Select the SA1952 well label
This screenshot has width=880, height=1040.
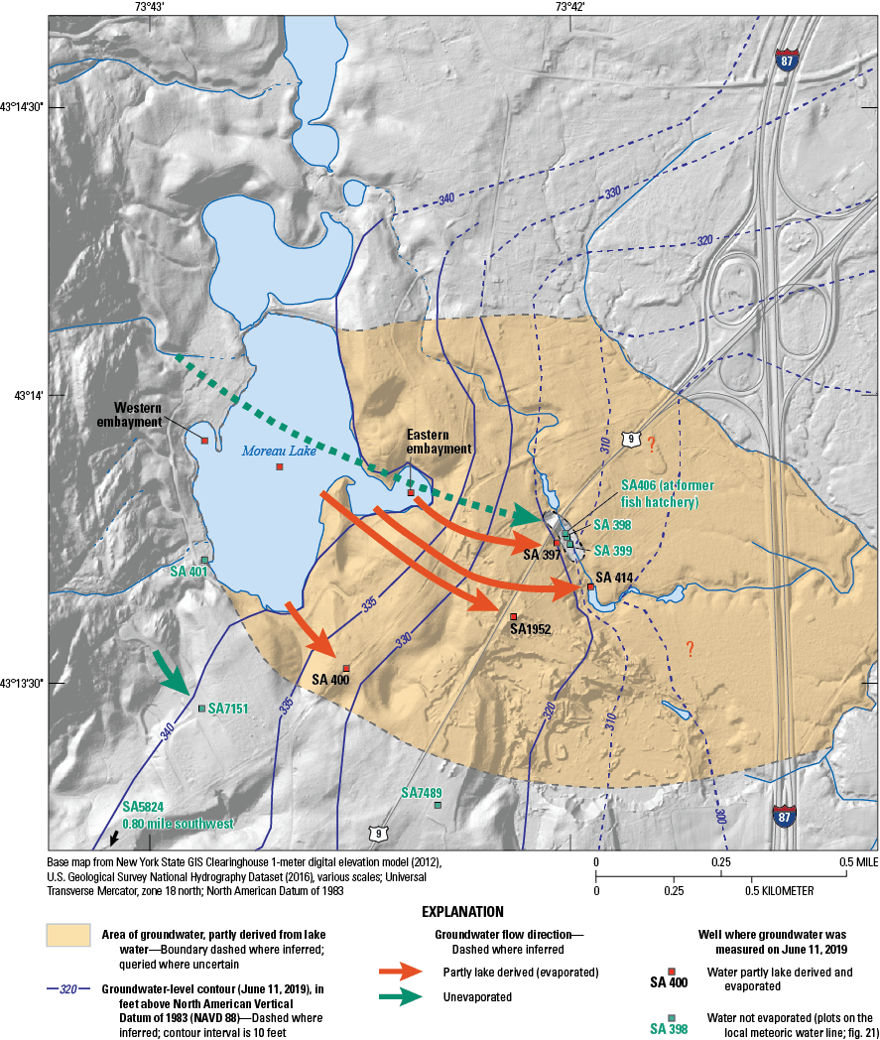(x=530, y=628)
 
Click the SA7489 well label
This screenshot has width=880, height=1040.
(x=422, y=793)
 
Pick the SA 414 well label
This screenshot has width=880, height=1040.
(x=615, y=578)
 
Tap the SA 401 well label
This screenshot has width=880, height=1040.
(x=189, y=572)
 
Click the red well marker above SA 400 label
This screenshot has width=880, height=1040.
(x=346, y=668)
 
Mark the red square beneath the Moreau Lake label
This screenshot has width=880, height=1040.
(x=280, y=466)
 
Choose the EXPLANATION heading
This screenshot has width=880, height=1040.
(x=463, y=911)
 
